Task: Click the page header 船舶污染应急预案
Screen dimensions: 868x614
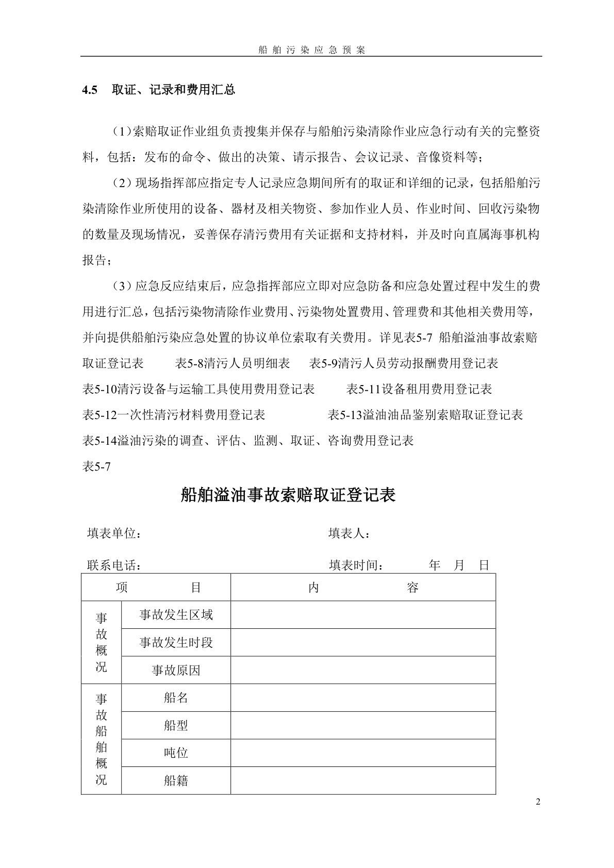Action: click(311, 50)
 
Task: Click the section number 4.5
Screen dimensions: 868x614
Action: click(90, 90)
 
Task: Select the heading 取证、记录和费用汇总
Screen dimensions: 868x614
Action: click(173, 90)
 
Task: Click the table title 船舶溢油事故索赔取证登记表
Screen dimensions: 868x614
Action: click(288, 495)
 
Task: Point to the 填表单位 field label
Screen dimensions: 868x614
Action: click(114, 533)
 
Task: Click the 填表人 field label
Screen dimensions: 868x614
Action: click(349, 533)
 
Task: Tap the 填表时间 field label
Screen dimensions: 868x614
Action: click(356, 565)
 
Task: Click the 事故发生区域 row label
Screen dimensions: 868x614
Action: click(176, 614)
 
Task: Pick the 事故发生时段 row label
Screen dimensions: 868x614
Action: click(176, 642)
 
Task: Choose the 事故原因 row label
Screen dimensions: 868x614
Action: click(176, 670)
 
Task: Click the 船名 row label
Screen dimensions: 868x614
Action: click(176, 698)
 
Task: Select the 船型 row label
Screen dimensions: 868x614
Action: click(176, 726)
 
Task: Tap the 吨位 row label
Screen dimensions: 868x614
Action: click(176, 753)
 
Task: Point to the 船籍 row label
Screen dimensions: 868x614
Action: click(176, 781)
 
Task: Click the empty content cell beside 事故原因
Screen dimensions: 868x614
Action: click(363, 670)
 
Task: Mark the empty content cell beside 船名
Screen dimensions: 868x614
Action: click(363, 698)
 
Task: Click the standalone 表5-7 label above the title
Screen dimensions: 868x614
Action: click(96, 467)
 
